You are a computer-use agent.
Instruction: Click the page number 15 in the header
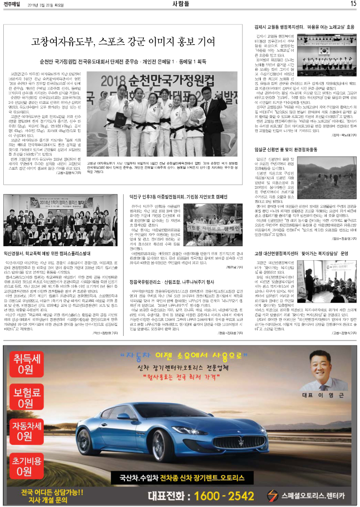coord(353,4)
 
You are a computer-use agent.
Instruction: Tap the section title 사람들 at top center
coord(180,4)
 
